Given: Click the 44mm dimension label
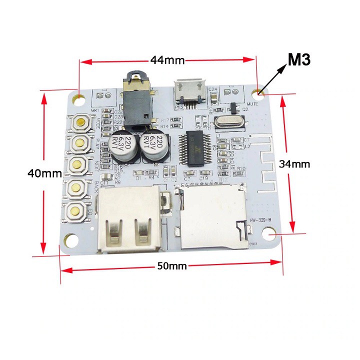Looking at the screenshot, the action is click(x=167, y=60).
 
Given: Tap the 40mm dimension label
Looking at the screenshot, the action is click(x=44, y=173).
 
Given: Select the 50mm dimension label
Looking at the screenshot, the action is click(x=171, y=266).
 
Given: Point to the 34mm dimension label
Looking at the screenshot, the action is click(x=294, y=163).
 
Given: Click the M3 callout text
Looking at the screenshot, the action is click(x=299, y=60).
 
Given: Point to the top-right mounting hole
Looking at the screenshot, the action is click(x=258, y=93).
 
